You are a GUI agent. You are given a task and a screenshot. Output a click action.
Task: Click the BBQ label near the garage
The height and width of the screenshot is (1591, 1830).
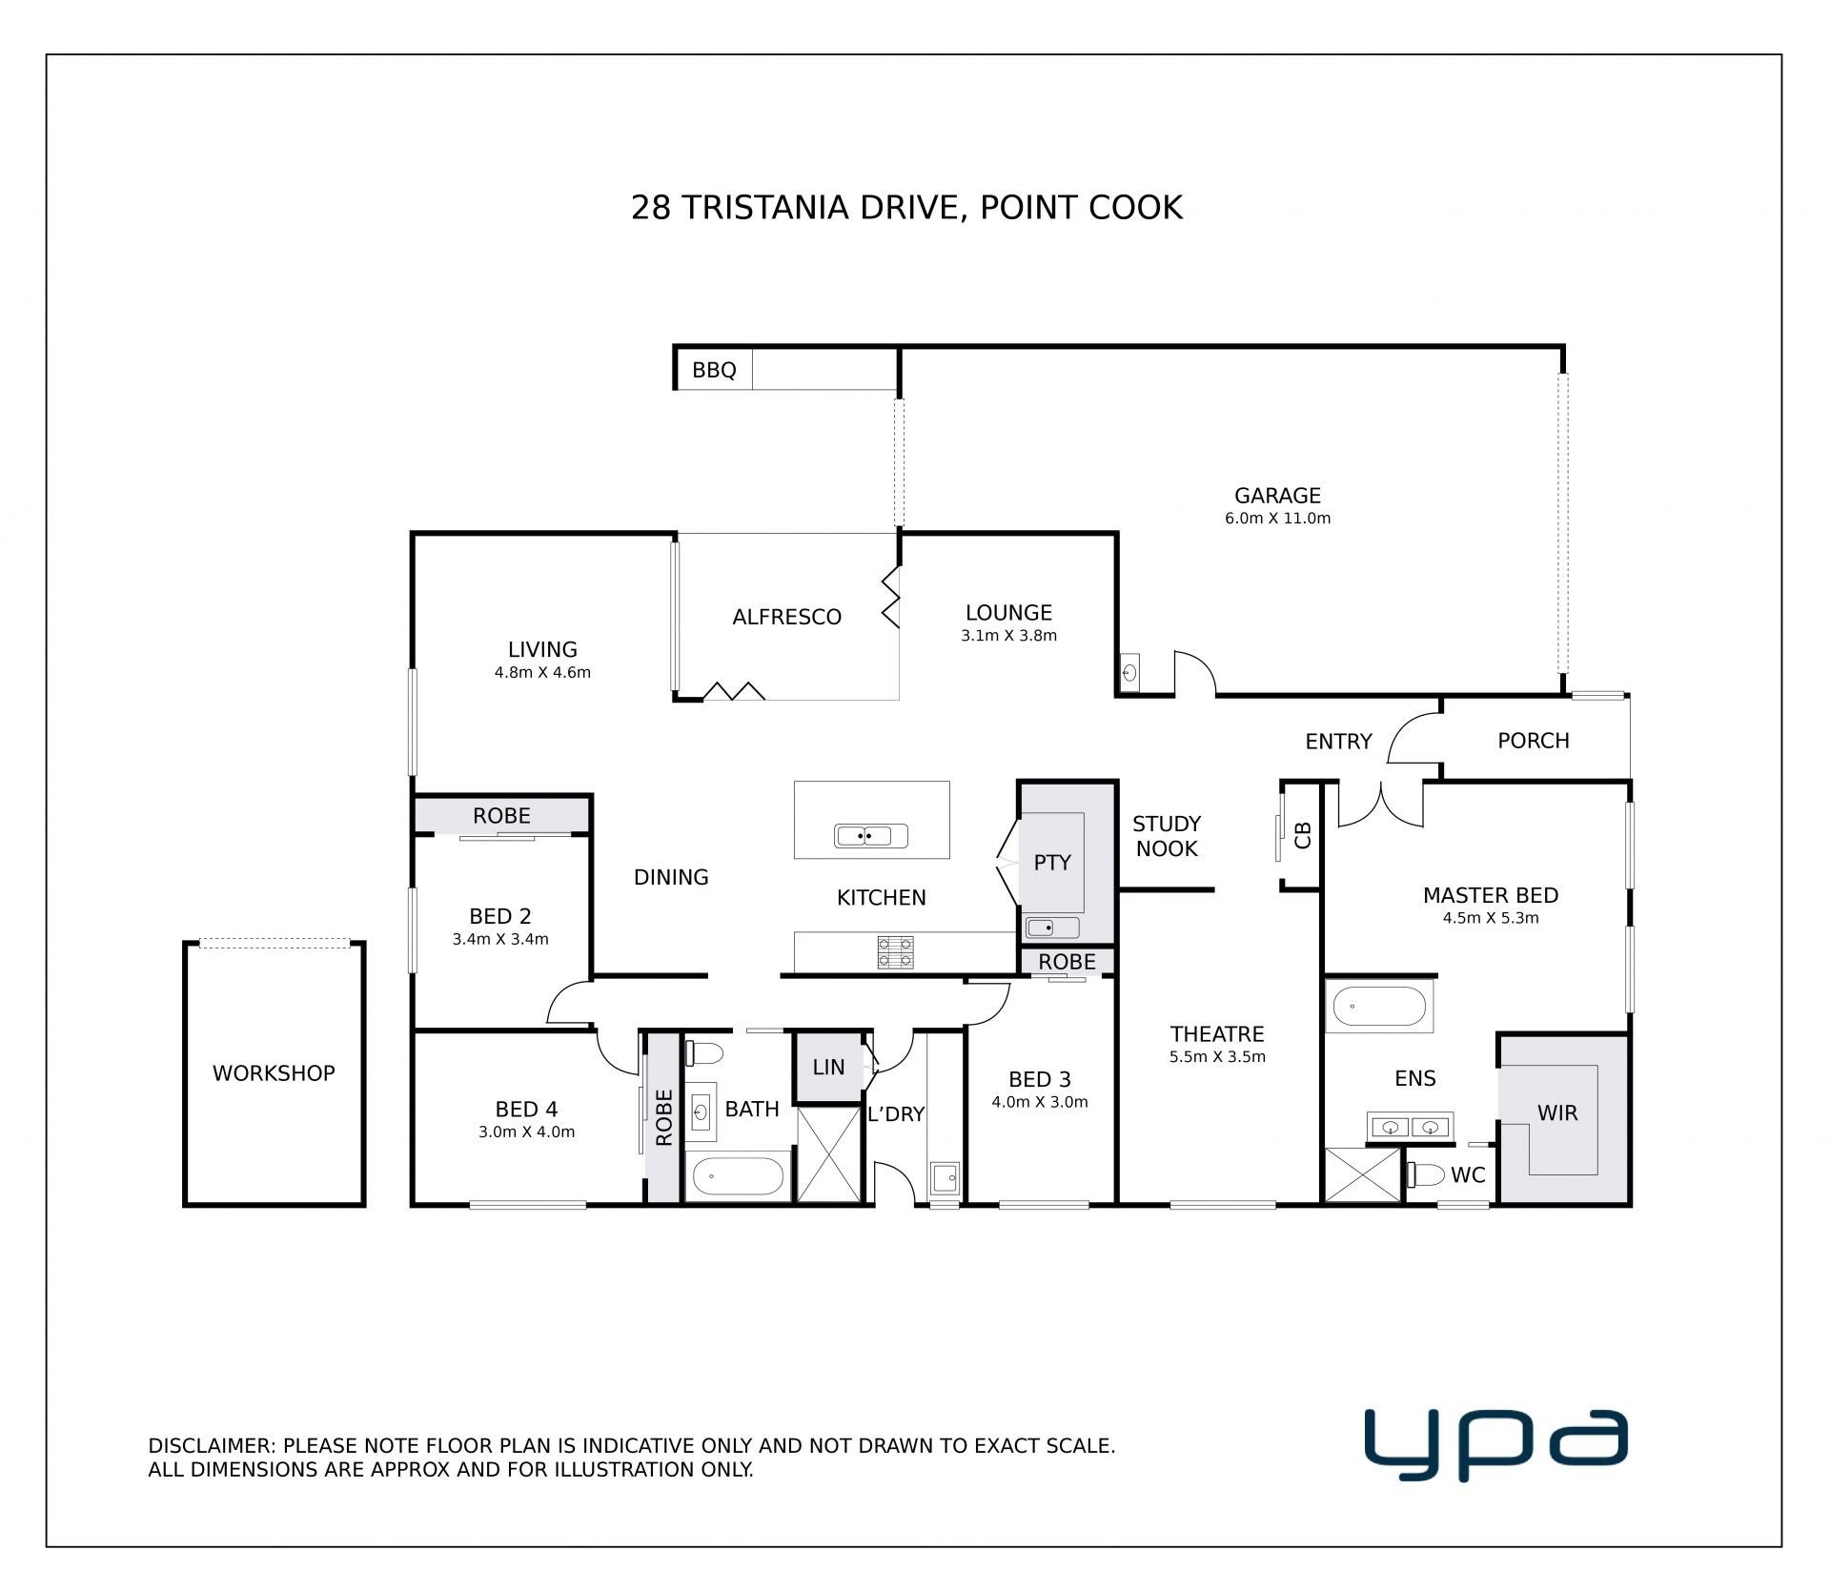pos(714,370)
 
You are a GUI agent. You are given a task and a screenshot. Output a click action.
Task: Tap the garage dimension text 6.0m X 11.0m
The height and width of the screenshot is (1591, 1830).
pos(1277,519)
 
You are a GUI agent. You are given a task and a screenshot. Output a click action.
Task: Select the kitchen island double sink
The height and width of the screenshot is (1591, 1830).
pos(871,836)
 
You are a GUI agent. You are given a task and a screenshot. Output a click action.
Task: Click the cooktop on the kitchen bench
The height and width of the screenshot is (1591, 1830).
pos(895,952)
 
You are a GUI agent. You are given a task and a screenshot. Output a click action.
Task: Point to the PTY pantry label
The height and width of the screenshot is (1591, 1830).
pos(1052,863)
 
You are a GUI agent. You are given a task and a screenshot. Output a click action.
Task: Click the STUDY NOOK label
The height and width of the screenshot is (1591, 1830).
pos(1167,836)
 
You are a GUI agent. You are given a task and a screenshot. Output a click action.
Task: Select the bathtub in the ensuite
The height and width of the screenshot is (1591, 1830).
pos(1378,1007)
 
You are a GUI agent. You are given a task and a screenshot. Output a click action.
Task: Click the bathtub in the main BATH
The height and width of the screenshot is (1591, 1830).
pos(739,1176)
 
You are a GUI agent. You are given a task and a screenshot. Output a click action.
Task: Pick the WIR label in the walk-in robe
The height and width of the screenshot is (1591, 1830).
pos(1557,1112)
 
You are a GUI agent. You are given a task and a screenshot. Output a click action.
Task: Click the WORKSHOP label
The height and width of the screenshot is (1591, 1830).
pos(274,1073)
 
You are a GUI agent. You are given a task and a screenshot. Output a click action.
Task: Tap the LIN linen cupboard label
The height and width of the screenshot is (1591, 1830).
pos(828,1068)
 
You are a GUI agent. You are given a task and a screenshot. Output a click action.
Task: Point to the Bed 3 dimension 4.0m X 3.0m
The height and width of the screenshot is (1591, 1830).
pos(1039,1102)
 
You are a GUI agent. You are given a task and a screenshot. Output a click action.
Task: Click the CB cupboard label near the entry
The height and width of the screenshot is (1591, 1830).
pos(1304,835)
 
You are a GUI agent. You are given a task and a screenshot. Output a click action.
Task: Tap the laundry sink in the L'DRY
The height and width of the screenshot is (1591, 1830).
pos(945,1178)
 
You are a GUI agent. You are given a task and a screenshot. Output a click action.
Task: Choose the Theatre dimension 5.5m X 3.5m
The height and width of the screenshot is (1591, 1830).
pos(1217,1057)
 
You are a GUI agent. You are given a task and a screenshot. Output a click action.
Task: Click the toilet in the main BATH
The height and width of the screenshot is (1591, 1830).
pos(705,1053)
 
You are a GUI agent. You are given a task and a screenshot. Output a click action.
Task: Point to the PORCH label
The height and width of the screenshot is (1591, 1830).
pos(1533,741)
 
